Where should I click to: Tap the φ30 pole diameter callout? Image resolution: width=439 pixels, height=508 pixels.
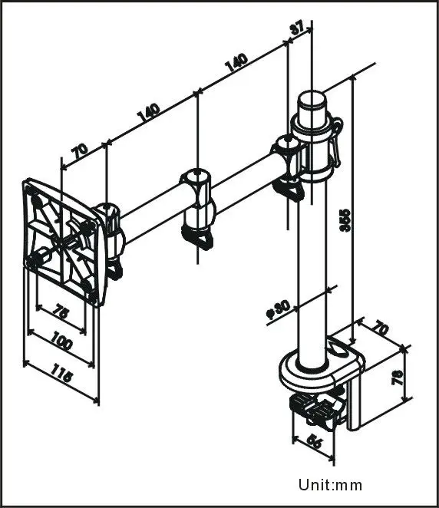pyautogui.click(x=279, y=311)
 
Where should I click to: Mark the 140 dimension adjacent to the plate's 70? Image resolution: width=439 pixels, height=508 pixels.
pyautogui.click(x=148, y=112)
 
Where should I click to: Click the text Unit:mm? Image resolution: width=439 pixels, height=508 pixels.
pyautogui.click(x=330, y=485)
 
